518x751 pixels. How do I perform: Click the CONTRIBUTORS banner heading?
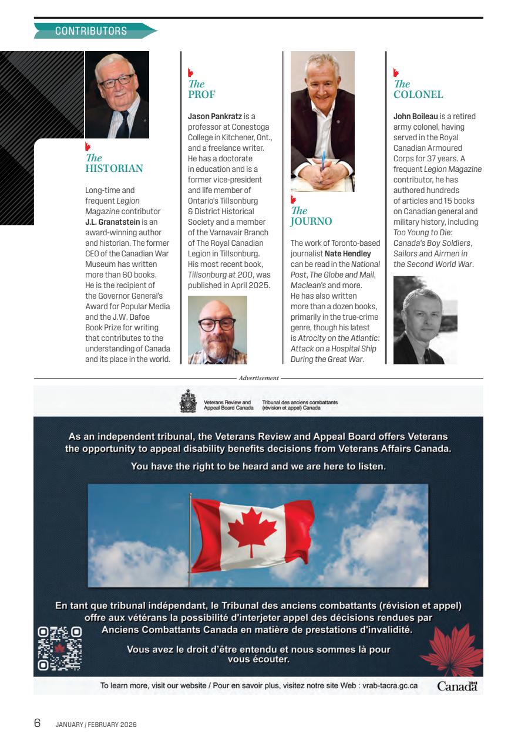pyautogui.click(x=91, y=31)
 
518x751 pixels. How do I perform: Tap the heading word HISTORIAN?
pyautogui.click(x=115, y=169)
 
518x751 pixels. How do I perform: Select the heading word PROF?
pyautogui.click(x=201, y=94)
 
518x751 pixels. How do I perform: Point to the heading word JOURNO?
pyautogui.click(x=311, y=222)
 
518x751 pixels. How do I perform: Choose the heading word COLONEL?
pyautogui.click(x=418, y=95)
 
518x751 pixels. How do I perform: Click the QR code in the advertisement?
pyautogui.click(x=59, y=648)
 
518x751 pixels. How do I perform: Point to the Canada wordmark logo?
pyautogui.click(x=458, y=686)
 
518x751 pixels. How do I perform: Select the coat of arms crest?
pyautogui.click(x=188, y=401)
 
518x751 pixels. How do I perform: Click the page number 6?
pyautogui.click(x=37, y=723)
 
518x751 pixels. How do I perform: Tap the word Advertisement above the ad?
pyautogui.click(x=258, y=378)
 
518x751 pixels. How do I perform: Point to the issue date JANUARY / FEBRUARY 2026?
pyautogui.click(x=96, y=725)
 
